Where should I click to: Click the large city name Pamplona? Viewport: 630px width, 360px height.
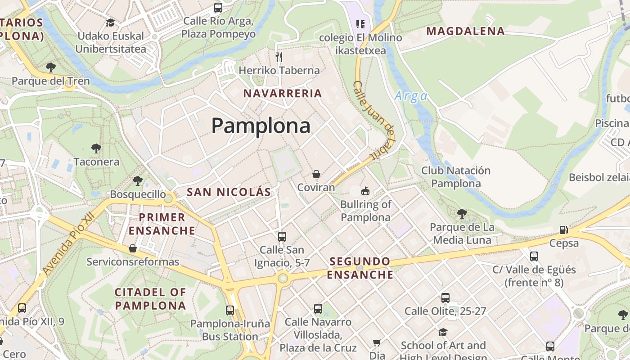click(261, 126)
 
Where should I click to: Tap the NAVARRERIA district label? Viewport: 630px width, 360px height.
click(283, 94)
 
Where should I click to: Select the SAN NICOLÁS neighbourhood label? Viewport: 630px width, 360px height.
click(229, 192)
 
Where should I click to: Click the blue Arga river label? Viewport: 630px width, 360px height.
click(410, 96)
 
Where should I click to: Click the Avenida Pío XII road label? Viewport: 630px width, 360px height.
click(67, 243)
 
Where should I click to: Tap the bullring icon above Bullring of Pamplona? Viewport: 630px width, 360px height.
click(365, 191)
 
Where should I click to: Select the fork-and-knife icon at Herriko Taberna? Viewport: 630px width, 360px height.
click(279, 57)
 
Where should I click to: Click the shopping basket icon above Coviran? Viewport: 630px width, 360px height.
click(316, 174)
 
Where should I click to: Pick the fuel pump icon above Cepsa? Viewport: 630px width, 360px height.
click(563, 230)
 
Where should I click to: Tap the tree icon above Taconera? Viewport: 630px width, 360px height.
click(96, 148)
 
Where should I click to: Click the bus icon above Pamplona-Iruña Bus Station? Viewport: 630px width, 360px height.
click(230, 310)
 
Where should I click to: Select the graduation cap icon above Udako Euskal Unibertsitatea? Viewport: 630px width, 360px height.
click(110, 22)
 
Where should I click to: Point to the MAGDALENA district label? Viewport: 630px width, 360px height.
click(465, 31)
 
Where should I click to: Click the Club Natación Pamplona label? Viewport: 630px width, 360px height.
click(455, 177)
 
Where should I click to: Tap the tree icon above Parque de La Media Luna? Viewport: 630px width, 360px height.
click(462, 213)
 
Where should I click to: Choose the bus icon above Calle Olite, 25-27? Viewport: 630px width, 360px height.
click(445, 297)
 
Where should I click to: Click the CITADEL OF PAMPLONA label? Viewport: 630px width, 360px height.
click(150, 299)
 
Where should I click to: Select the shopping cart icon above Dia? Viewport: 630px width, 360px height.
click(377, 343)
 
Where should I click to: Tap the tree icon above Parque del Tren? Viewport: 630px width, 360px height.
click(51, 67)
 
